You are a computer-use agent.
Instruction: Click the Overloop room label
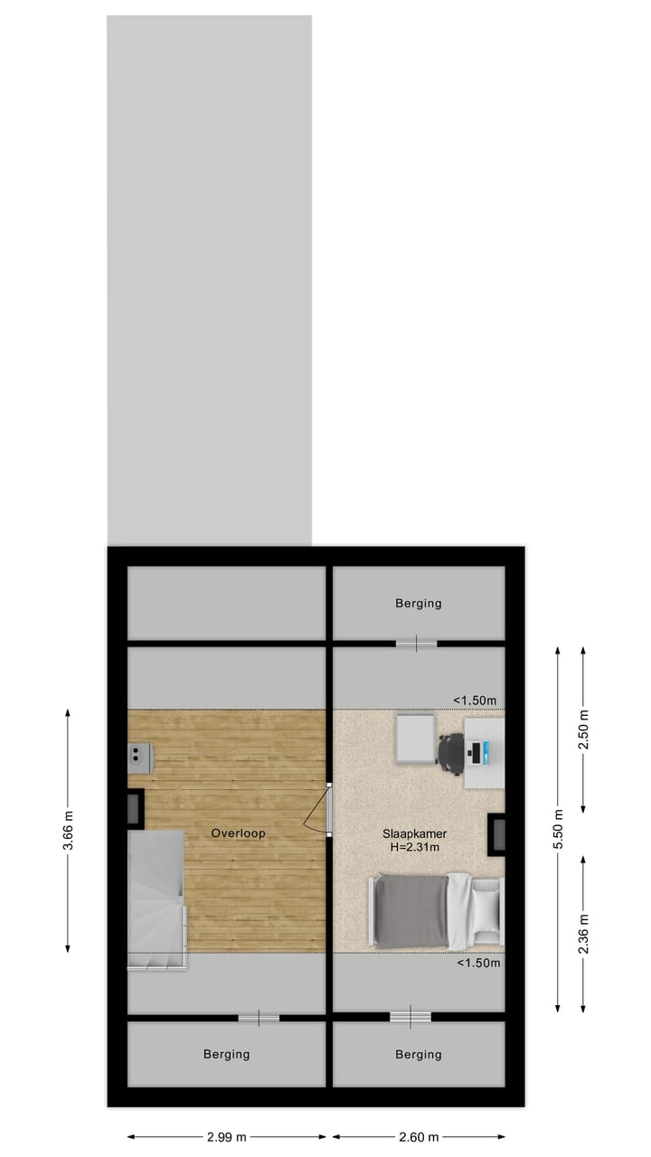pyautogui.click(x=239, y=832)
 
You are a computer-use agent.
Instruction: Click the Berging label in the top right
pyautogui.click(x=418, y=603)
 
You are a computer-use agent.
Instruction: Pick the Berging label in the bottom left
pyautogui.click(x=226, y=1054)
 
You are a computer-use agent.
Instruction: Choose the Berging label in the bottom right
pyautogui.click(x=418, y=1054)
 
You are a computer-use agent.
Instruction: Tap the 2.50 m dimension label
pyautogui.click(x=583, y=729)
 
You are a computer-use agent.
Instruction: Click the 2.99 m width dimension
pyautogui.click(x=226, y=1137)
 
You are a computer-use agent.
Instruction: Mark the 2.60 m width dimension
pyautogui.click(x=418, y=1137)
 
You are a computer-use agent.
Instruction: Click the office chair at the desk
pyautogui.click(x=451, y=754)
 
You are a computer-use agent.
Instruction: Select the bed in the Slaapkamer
pyautogui.click(x=434, y=911)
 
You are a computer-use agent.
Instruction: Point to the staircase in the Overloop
pyautogui.click(x=156, y=899)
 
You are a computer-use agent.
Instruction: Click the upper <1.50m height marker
pyautogui.click(x=476, y=701)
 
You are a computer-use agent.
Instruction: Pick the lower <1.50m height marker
pyautogui.click(x=478, y=963)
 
